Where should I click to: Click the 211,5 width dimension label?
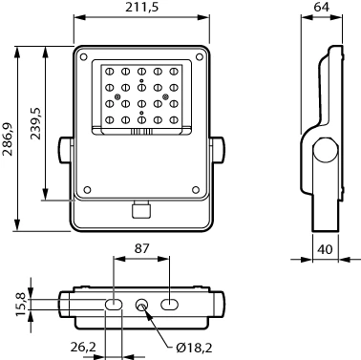(141, 7)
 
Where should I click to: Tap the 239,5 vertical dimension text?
(36, 123)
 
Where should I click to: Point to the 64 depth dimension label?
(321, 7)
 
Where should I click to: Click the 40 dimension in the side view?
(325, 249)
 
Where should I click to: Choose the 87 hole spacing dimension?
(141, 248)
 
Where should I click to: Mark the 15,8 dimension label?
(21, 305)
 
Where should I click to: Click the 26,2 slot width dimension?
(83, 347)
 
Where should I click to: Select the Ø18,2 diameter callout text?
(194, 348)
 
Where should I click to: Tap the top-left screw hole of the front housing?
(83, 57)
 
